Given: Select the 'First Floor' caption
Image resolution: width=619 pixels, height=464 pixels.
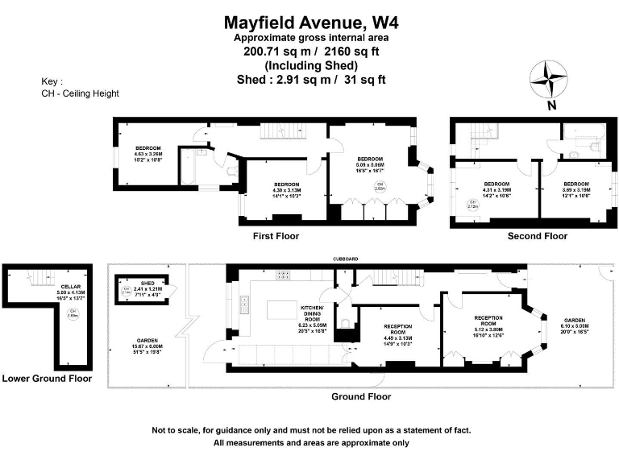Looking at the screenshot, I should point(276,236).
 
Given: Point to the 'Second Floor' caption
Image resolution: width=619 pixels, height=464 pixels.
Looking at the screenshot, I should point(537,236).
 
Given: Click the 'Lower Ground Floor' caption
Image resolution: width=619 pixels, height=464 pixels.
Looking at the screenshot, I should point(47,378).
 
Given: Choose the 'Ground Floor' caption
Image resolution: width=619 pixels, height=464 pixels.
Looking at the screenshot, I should point(361,396).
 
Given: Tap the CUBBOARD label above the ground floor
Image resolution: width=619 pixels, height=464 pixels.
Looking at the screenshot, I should point(349,259).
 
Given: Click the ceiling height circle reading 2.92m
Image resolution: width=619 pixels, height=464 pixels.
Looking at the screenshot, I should point(379,187).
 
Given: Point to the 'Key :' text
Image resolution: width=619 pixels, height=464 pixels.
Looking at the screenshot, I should point(52,81).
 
